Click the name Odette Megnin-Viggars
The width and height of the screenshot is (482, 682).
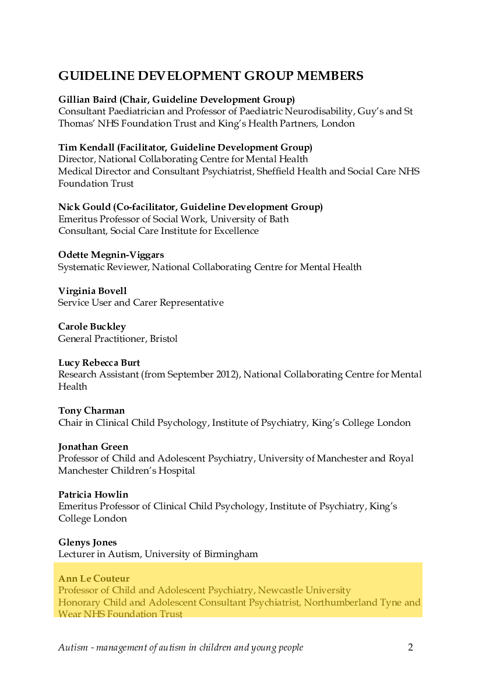point(111,255)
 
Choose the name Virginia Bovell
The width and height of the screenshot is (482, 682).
point(92,291)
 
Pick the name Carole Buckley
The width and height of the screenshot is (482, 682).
point(92,327)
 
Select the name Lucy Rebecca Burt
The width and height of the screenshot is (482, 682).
point(99,363)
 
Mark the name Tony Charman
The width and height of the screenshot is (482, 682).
point(92,411)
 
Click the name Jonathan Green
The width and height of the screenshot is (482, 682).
point(93,447)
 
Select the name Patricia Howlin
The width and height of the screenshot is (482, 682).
point(93,495)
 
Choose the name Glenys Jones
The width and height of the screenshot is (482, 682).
point(87,543)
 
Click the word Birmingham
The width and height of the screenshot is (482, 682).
point(231,554)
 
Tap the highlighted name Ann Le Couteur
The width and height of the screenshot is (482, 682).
point(94,579)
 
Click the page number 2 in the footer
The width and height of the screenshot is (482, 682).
point(410,648)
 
